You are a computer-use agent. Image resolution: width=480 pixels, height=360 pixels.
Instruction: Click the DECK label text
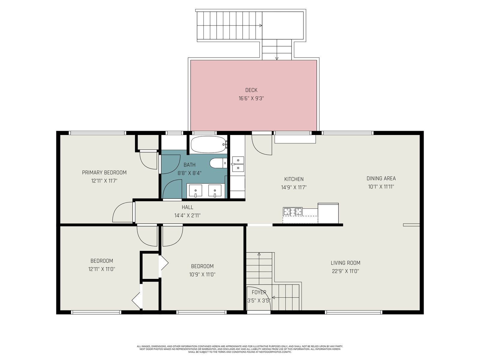click(251, 90)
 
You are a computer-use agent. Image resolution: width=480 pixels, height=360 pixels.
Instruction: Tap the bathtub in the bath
click(208, 145)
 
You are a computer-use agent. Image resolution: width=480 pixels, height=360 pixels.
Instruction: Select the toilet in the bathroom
click(218, 163)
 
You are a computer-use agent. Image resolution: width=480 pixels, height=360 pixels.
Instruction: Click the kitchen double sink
click(238, 164)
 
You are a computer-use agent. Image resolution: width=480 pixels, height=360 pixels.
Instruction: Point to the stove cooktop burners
click(292, 211)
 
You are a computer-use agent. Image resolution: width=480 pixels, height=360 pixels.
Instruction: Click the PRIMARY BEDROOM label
click(104, 173)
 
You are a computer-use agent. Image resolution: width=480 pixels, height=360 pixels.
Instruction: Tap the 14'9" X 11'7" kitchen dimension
click(294, 187)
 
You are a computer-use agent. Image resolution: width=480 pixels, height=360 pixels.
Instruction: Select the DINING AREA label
click(381, 178)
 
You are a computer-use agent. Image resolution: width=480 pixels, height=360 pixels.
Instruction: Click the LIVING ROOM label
click(345, 263)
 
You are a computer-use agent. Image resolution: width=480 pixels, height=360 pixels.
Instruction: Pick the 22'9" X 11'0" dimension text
click(345, 271)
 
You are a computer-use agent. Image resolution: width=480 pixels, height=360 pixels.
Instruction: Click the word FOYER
click(259, 292)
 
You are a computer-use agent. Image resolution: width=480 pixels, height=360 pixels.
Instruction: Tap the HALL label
click(187, 207)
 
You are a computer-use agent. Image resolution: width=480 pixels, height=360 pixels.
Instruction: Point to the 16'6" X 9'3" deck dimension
click(251, 98)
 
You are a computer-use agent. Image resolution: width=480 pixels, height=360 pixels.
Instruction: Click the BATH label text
click(189, 165)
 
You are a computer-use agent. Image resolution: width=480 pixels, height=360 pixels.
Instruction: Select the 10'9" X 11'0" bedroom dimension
click(202, 274)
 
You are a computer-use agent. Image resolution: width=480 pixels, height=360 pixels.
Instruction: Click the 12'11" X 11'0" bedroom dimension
click(102, 269)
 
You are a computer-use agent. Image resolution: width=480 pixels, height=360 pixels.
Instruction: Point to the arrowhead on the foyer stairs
click(273, 298)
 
